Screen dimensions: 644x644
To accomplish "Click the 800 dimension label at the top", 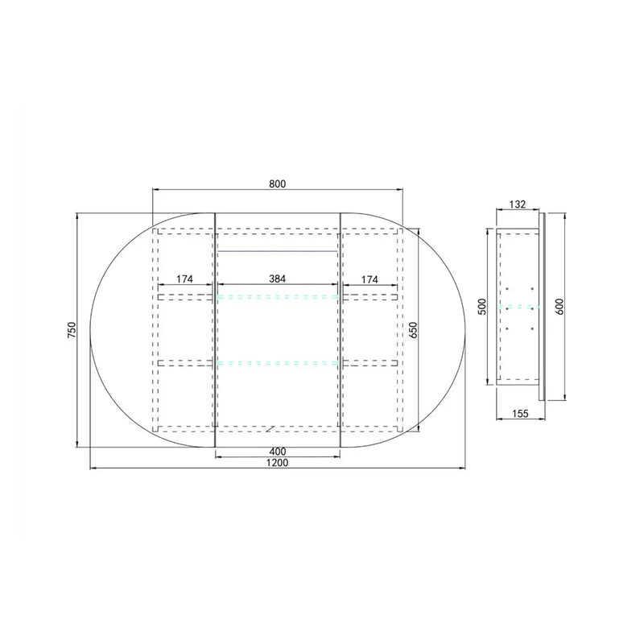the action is (x=277, y=184).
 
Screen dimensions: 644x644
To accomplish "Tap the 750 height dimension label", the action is (x=72, y=330).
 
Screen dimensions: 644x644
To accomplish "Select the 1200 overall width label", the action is (x=277, y=462).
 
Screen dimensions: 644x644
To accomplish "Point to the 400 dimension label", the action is (x=278, y=452).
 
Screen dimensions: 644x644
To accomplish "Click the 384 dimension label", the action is (x=277, y=279).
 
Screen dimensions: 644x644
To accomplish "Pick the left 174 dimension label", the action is (x=184, y=279).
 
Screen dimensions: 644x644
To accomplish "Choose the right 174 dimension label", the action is (x=369, y=279).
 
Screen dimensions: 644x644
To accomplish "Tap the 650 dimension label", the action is (x=413, y=330).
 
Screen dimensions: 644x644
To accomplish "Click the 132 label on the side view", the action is (x=517, y=204).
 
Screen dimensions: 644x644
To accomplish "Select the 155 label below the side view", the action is (x=520, y=413).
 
